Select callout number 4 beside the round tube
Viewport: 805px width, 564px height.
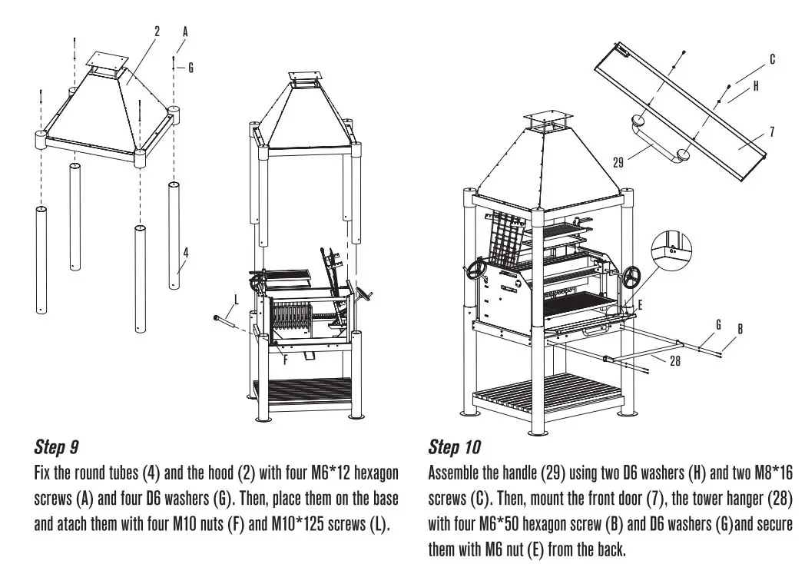click(186, 251)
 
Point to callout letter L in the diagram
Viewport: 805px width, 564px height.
click(237, 300)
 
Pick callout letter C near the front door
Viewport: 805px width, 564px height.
click(772, 59)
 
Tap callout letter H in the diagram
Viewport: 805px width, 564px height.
click(756, 86)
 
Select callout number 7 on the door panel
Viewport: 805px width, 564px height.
click(772, 132)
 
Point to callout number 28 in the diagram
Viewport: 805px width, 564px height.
click(676, 361)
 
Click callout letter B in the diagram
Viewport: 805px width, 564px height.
click(740, 329)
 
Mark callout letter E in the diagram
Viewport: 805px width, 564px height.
click(638, 305)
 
